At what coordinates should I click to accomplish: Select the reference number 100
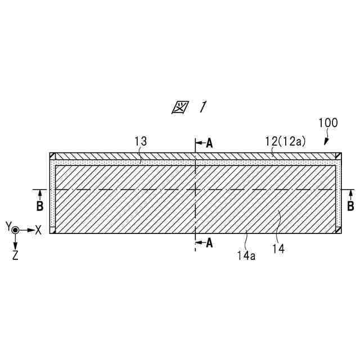point(328,123)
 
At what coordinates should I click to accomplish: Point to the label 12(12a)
point(286,141)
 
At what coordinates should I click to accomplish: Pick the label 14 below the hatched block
point(278,247)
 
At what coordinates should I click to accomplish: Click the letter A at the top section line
point(209,143)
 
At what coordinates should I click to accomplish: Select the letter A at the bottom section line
point(209,243)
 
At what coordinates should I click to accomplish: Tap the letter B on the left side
point(39,206)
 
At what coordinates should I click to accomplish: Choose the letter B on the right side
point(350,206)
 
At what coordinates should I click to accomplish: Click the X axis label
point(38,229)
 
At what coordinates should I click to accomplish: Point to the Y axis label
point(8,226)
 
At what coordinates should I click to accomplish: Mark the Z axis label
point(15,255)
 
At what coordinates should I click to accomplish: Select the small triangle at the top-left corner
point(52,156)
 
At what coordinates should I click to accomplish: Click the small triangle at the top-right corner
point(339,156)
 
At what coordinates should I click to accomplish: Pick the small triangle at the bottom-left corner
point(52,229)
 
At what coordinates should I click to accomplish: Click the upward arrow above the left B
point(39,194)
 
